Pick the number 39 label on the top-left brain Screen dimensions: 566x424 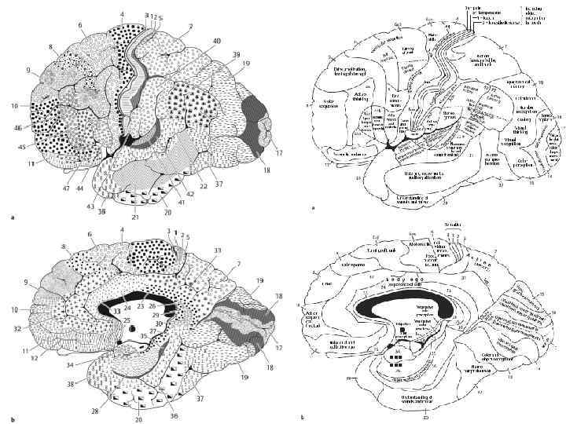pyautogui.click(x=236, y=54)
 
